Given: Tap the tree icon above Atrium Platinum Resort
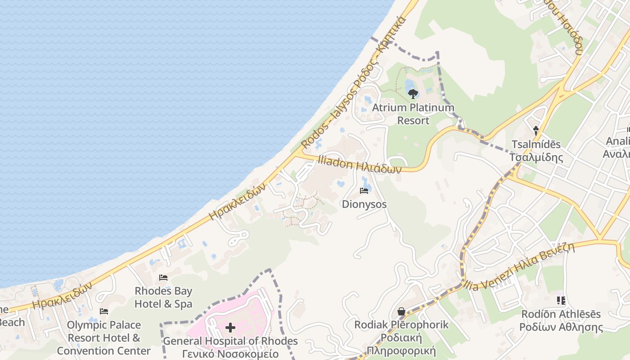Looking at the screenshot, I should [413, 94].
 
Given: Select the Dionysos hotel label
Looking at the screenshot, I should [364, 204].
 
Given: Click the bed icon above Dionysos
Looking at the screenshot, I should [364, 191].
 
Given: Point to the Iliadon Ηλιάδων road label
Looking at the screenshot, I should [359, 165].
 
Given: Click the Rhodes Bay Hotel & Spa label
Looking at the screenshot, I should [163, 297].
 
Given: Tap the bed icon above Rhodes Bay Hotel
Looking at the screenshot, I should [163, 278].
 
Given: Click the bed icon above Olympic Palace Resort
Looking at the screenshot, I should [104, 311].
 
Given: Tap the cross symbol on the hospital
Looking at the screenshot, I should [230, 327].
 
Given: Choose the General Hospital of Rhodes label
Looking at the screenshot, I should [230, 347].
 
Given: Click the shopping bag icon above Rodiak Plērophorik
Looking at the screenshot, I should [401, 311].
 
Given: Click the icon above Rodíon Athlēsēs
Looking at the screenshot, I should [561, 300].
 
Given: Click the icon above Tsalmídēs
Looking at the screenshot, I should [536, 131].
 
